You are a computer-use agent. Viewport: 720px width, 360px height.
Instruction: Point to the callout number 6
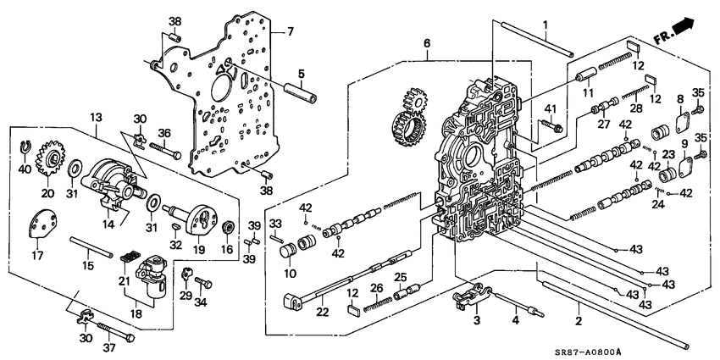click(x=427, y=43)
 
